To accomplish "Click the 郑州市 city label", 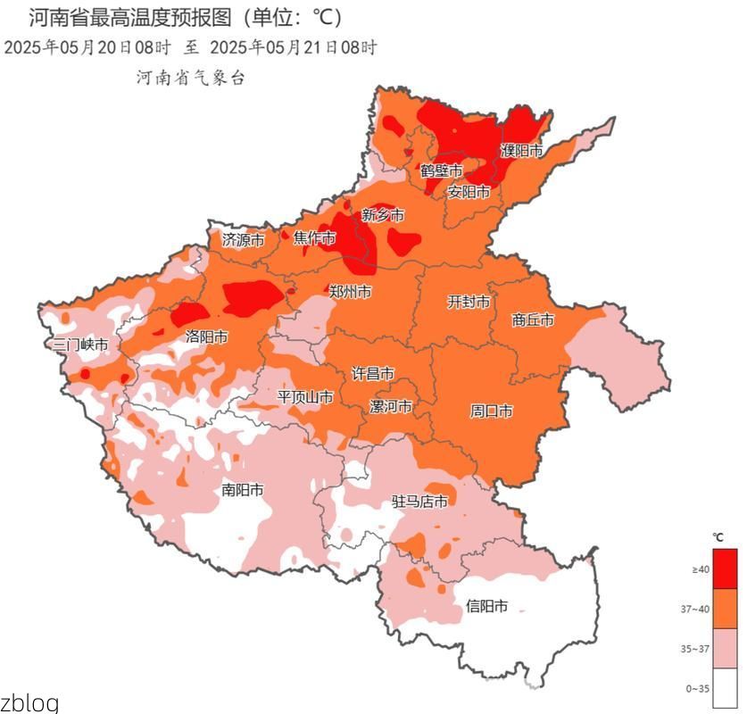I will click(x=350, y=292).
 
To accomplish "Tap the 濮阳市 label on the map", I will click(x=521, y=151).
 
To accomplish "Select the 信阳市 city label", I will click(x=486, y=607).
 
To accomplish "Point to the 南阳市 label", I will click(x=242, y=490).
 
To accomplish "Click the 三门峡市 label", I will click(x=80, y=345).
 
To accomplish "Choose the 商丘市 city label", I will click(x=533, y=320).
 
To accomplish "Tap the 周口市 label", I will click(x=491, y=411).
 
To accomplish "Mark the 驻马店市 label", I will click(x=419, y=502).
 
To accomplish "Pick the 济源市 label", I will click(x=243, y=239).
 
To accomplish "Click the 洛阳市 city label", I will click(x=206, y=336).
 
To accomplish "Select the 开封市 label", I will click(x=469, y=303).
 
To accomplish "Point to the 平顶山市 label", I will click(x=305, y=396).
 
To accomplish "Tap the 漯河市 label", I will click(x=391, y=406).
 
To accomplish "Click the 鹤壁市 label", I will click(x=441, y=170).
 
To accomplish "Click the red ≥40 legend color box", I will click(x=726, y=569).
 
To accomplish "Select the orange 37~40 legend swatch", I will click(x=726, y=609).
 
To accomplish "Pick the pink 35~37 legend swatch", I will click(x=726, y=648).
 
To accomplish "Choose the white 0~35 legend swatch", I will click(x=726, y=688).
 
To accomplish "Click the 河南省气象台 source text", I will click(x=190, y=79).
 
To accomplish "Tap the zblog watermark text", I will click(x=29, y=702).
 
